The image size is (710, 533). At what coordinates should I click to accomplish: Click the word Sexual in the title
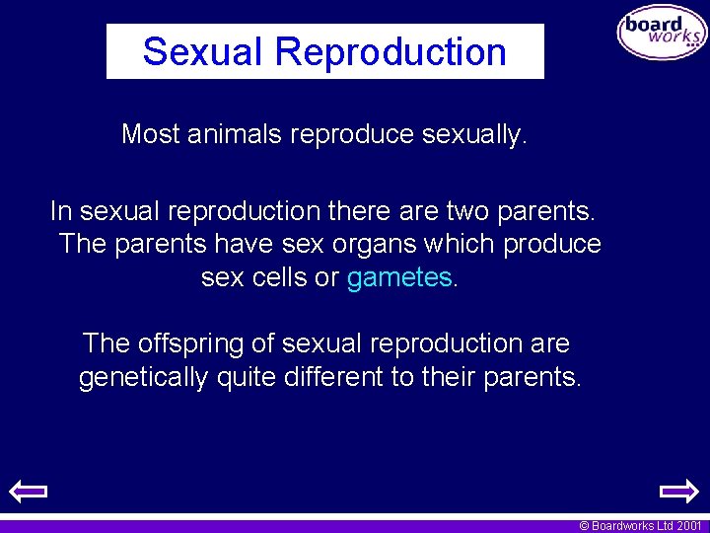pos(203,51)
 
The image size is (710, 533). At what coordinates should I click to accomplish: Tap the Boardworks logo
pos(662,33)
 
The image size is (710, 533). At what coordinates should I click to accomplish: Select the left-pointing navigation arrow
pos(29,491)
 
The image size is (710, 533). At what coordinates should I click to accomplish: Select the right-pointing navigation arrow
pos(678,491)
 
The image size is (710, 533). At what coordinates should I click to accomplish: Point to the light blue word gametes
pos(398,278)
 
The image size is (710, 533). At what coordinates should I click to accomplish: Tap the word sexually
pos(474,134)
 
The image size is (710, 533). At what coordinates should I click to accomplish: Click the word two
pos(472,211)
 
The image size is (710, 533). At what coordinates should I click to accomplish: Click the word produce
pos(552,244)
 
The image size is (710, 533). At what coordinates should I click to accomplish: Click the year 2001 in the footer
pos(689,526)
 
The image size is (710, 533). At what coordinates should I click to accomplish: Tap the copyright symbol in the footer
pos(584,526)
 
